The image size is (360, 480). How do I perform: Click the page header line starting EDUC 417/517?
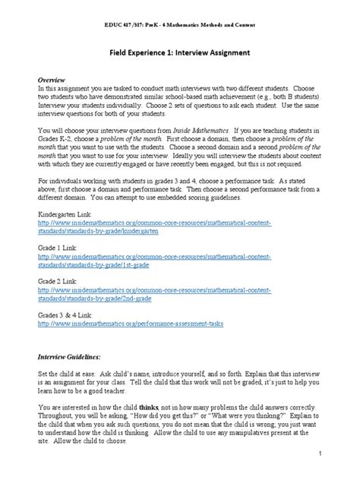coord(180,25)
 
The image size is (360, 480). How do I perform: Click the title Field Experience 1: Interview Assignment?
coord(180,54)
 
